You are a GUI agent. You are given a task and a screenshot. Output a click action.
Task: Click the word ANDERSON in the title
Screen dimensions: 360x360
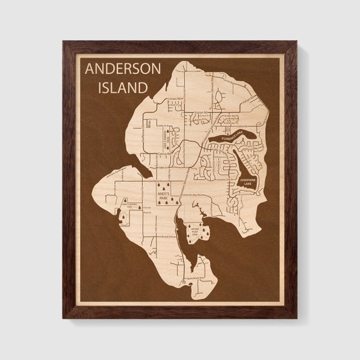[123, 68]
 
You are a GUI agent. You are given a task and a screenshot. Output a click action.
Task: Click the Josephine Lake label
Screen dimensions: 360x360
[247, 181]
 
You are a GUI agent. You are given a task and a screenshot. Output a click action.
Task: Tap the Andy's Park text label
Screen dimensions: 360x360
[167, 196]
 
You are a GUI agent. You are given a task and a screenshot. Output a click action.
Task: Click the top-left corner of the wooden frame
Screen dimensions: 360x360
[63, 42]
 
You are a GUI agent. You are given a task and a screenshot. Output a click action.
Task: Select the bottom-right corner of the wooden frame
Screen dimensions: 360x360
[296, 318]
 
